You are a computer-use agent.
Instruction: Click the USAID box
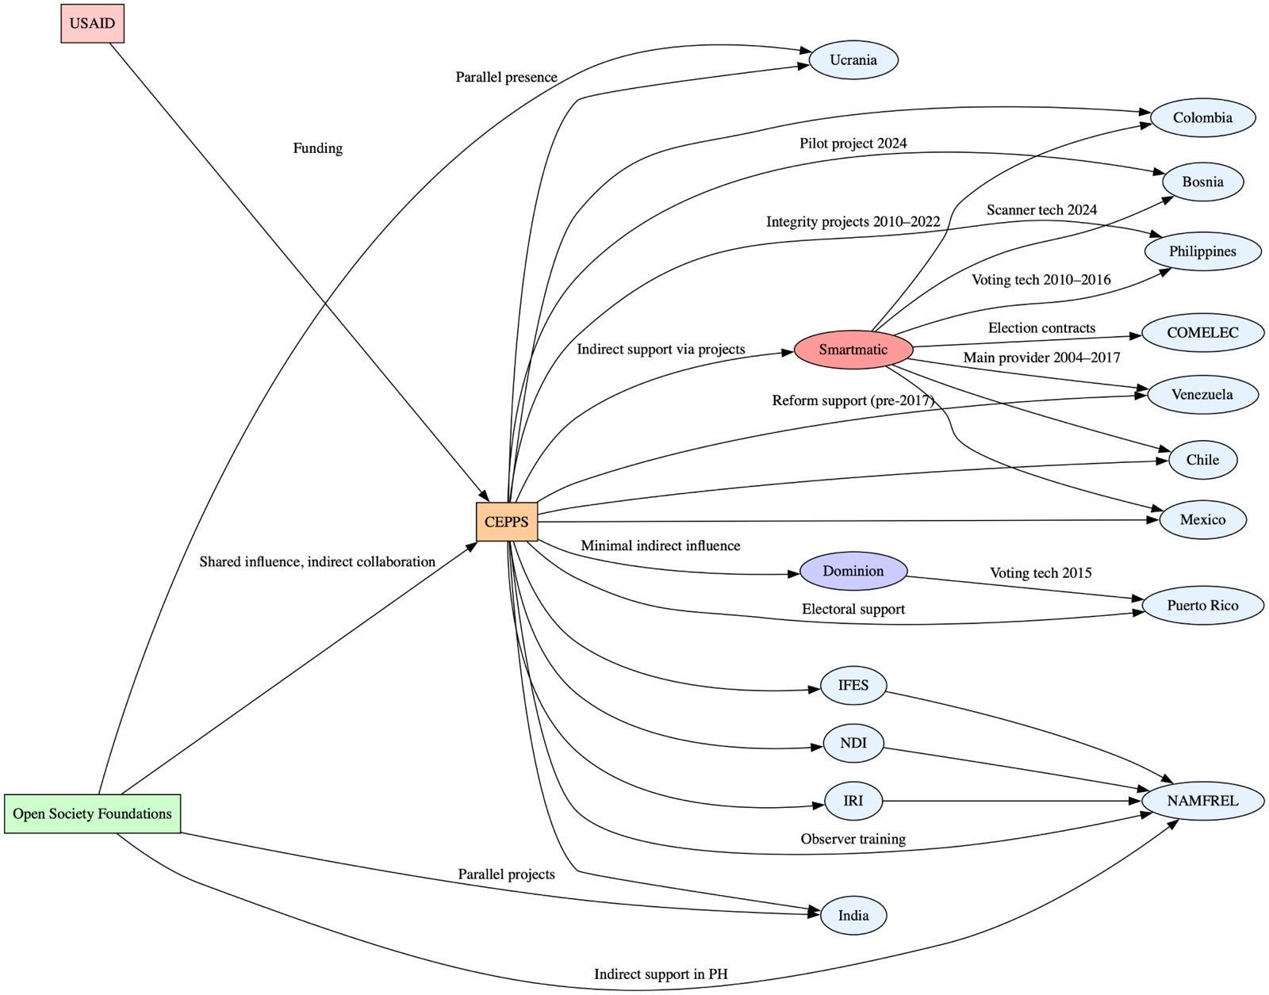(92, 23)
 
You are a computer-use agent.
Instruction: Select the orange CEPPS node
(506, 522)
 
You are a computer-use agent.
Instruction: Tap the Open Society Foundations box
(92, 813)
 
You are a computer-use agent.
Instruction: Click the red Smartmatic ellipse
(853, 350)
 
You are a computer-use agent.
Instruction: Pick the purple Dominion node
(853, 571)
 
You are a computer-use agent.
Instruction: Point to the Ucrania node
(853, 59)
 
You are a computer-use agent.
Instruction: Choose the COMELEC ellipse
(1202, 333)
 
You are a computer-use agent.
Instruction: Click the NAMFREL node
(1202, 801)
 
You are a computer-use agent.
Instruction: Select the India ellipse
(853, 915)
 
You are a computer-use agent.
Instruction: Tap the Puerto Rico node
(1202, 605)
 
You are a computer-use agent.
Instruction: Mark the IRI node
(853, 801)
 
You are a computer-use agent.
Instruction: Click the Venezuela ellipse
(1202, 395)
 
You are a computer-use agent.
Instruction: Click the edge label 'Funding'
(318, 148)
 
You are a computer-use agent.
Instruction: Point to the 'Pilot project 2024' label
(853, 143)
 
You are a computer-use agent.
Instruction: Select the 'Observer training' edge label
(853, 839)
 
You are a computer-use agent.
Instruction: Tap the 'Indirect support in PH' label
(661, 974)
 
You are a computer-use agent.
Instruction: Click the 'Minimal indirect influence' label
(661, 545)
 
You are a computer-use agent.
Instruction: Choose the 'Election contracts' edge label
(1042, 328)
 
